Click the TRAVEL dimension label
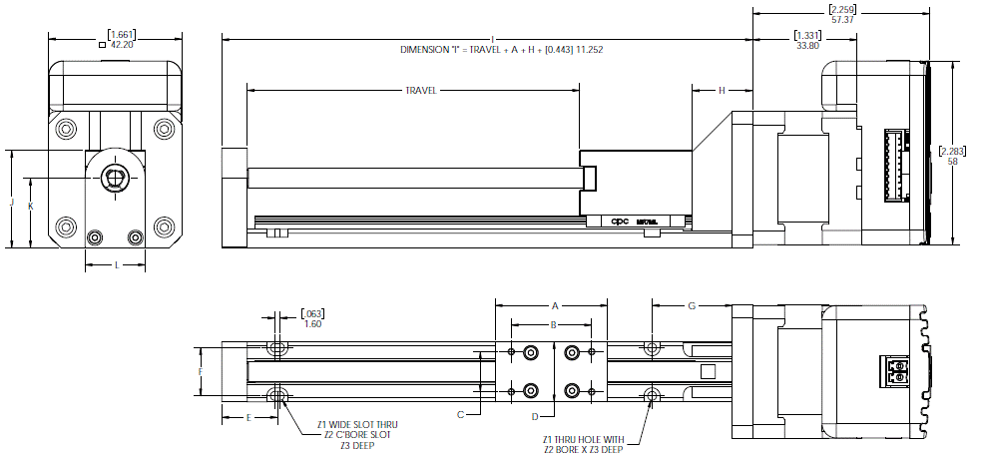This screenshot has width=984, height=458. coord(420,90)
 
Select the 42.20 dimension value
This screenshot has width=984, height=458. coord(121,45)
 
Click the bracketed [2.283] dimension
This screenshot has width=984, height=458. coord(953,151)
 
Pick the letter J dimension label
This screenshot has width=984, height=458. coord(11,202)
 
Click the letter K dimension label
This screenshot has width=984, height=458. coord(31,206)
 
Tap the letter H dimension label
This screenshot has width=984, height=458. coord(722,91)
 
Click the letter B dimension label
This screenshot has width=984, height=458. coord(553,324)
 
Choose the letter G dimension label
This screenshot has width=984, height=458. coord(691,304)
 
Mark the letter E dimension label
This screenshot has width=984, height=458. coord(247,417)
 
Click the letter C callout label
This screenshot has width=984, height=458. coord(460,413)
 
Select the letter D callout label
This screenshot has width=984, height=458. coord(535,415)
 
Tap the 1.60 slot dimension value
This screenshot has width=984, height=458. coord(312,324)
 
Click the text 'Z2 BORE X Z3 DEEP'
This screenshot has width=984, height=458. coord(583,450)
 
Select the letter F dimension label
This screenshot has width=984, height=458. coord(201,371)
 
